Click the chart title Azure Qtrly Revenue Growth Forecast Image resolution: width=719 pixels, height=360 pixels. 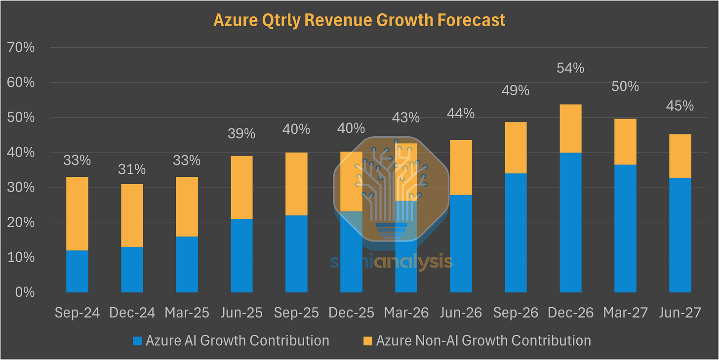[x=359, y=20]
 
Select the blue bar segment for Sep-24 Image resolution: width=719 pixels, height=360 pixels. [x=77, y=271]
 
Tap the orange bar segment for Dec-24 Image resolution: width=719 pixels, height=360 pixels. [x=132, y=215]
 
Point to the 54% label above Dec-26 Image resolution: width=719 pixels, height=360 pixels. [x=570, y=68]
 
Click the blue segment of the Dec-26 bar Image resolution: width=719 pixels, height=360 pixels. [x=570, y=222]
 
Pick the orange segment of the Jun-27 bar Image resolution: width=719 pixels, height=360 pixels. [x=680, y=156]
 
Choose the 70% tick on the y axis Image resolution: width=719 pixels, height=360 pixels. [x=21, y=48]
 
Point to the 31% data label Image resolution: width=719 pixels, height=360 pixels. [x=132, y=169]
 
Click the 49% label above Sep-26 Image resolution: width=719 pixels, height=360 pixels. [x=516, y=90]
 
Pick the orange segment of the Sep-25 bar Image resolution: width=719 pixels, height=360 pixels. [x=296, y=184]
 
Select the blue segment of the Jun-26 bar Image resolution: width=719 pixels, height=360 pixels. [x=461, y=243]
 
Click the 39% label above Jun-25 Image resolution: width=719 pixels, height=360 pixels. [x=241, y=134]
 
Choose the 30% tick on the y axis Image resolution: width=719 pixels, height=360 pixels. [x=21, y=188]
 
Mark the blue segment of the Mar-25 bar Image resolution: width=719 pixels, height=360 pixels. [x=187, y=264]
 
